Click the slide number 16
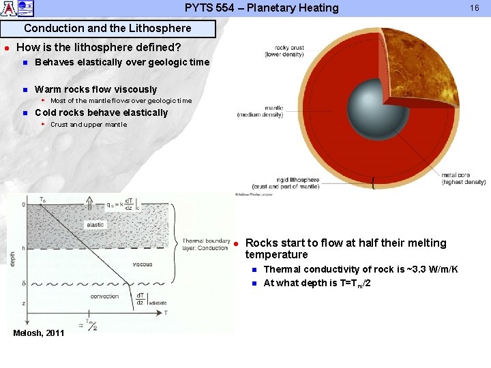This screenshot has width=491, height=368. pos(475,8)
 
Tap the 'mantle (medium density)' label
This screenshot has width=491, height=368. pos(260,111)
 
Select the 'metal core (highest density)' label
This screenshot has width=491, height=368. pos(463,179)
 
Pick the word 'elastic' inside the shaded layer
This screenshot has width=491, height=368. pos(95,224)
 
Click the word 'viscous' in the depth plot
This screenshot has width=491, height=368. pos(143,264)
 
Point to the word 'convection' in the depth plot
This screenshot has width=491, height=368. pos(104,296)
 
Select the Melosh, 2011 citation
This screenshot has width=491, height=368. pos(39,333)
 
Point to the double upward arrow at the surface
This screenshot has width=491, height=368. pos(89,202)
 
